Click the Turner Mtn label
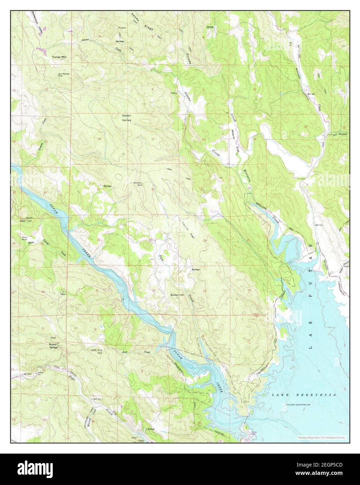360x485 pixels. click(x=59, y=57)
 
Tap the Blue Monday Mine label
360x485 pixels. click(x=63, y=75)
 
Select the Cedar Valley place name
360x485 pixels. click(x=126, y=118)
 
